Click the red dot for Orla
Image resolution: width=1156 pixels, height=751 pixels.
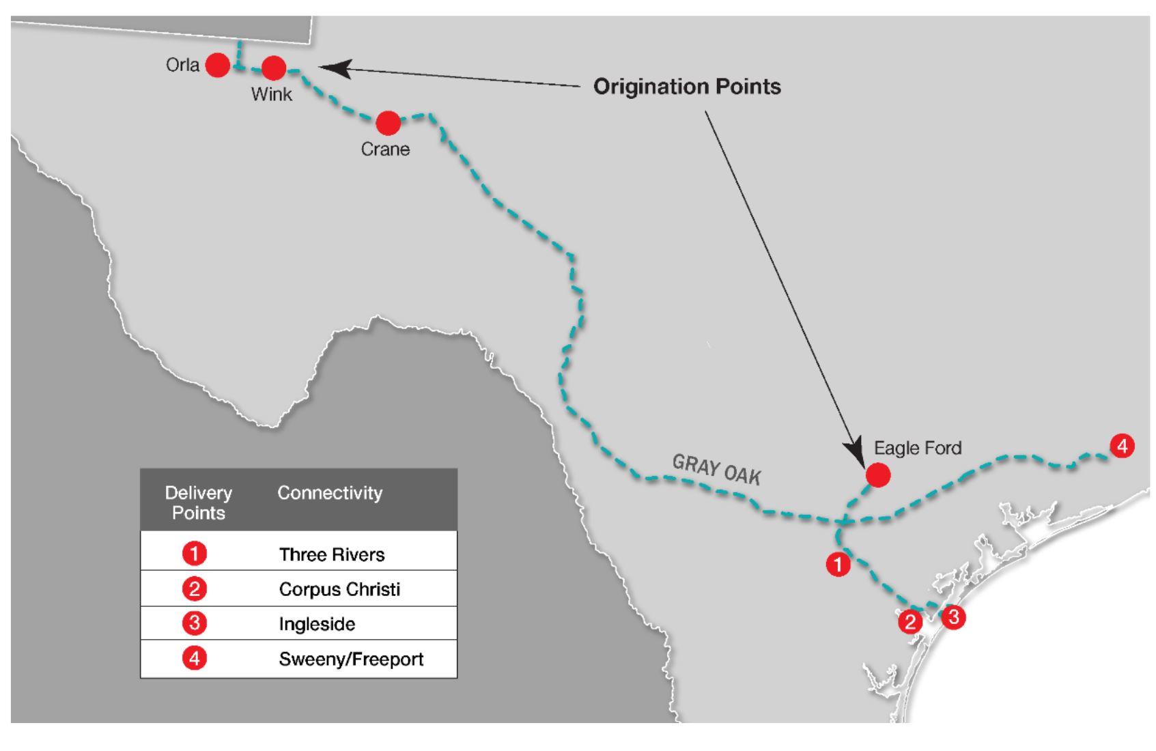point(218,65)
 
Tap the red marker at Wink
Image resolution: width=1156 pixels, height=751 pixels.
point(274,68)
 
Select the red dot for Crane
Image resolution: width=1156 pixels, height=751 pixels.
point(389,124)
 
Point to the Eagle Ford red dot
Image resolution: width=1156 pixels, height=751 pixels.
point(878,475)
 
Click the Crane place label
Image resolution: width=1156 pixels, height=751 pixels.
point(385,150)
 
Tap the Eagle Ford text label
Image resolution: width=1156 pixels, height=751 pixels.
point(918,448)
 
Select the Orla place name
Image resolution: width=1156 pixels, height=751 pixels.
point(182,65)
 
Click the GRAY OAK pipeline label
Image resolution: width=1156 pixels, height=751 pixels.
point(716,470)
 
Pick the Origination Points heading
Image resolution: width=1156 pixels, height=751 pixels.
point(687,87)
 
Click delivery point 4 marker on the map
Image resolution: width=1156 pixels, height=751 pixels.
point(1122,447)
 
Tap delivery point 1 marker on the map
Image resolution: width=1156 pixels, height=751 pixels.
point(838,565)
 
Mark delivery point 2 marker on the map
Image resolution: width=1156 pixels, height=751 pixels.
point(910,622)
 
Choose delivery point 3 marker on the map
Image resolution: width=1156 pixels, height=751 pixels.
point(953,617)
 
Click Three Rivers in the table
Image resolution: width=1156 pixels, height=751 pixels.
point(332,554)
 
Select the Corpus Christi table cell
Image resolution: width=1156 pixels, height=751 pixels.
point(339,589)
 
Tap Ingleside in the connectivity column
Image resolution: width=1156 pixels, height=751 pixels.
point(317,624)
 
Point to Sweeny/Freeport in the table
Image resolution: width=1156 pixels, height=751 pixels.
point(351,660)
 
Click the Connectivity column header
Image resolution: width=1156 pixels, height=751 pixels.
point(330,493)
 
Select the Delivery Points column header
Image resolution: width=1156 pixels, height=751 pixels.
point(198,502)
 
